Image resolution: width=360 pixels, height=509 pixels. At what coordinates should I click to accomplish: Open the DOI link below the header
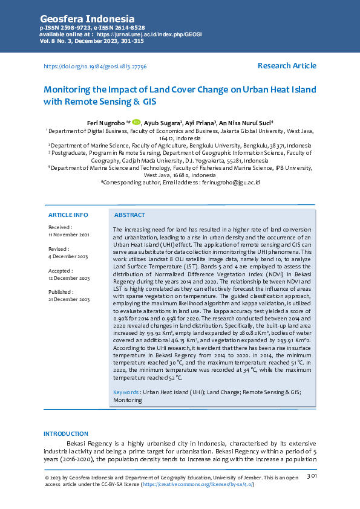[95, 66]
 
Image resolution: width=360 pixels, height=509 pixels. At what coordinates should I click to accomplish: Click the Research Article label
[286, 65]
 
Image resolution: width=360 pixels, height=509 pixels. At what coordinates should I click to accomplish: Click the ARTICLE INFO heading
[68, 215]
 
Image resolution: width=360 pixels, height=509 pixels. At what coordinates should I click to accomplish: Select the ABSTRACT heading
[129, 215]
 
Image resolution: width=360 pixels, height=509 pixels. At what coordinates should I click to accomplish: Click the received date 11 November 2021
[68, 234]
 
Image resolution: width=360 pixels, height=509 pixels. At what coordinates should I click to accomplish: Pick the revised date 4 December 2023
[68, 256]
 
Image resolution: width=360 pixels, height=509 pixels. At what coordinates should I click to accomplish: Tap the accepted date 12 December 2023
[68, 278]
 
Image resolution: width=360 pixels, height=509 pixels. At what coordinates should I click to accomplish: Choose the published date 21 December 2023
[68, 300]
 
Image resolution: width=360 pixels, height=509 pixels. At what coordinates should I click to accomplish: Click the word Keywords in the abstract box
[126, 392]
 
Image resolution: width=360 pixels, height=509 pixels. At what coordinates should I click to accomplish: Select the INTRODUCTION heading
[66, 433]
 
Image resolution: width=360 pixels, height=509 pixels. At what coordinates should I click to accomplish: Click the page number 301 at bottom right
[312, 476]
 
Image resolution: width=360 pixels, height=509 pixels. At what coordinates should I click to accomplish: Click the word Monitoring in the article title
[67, 89]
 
